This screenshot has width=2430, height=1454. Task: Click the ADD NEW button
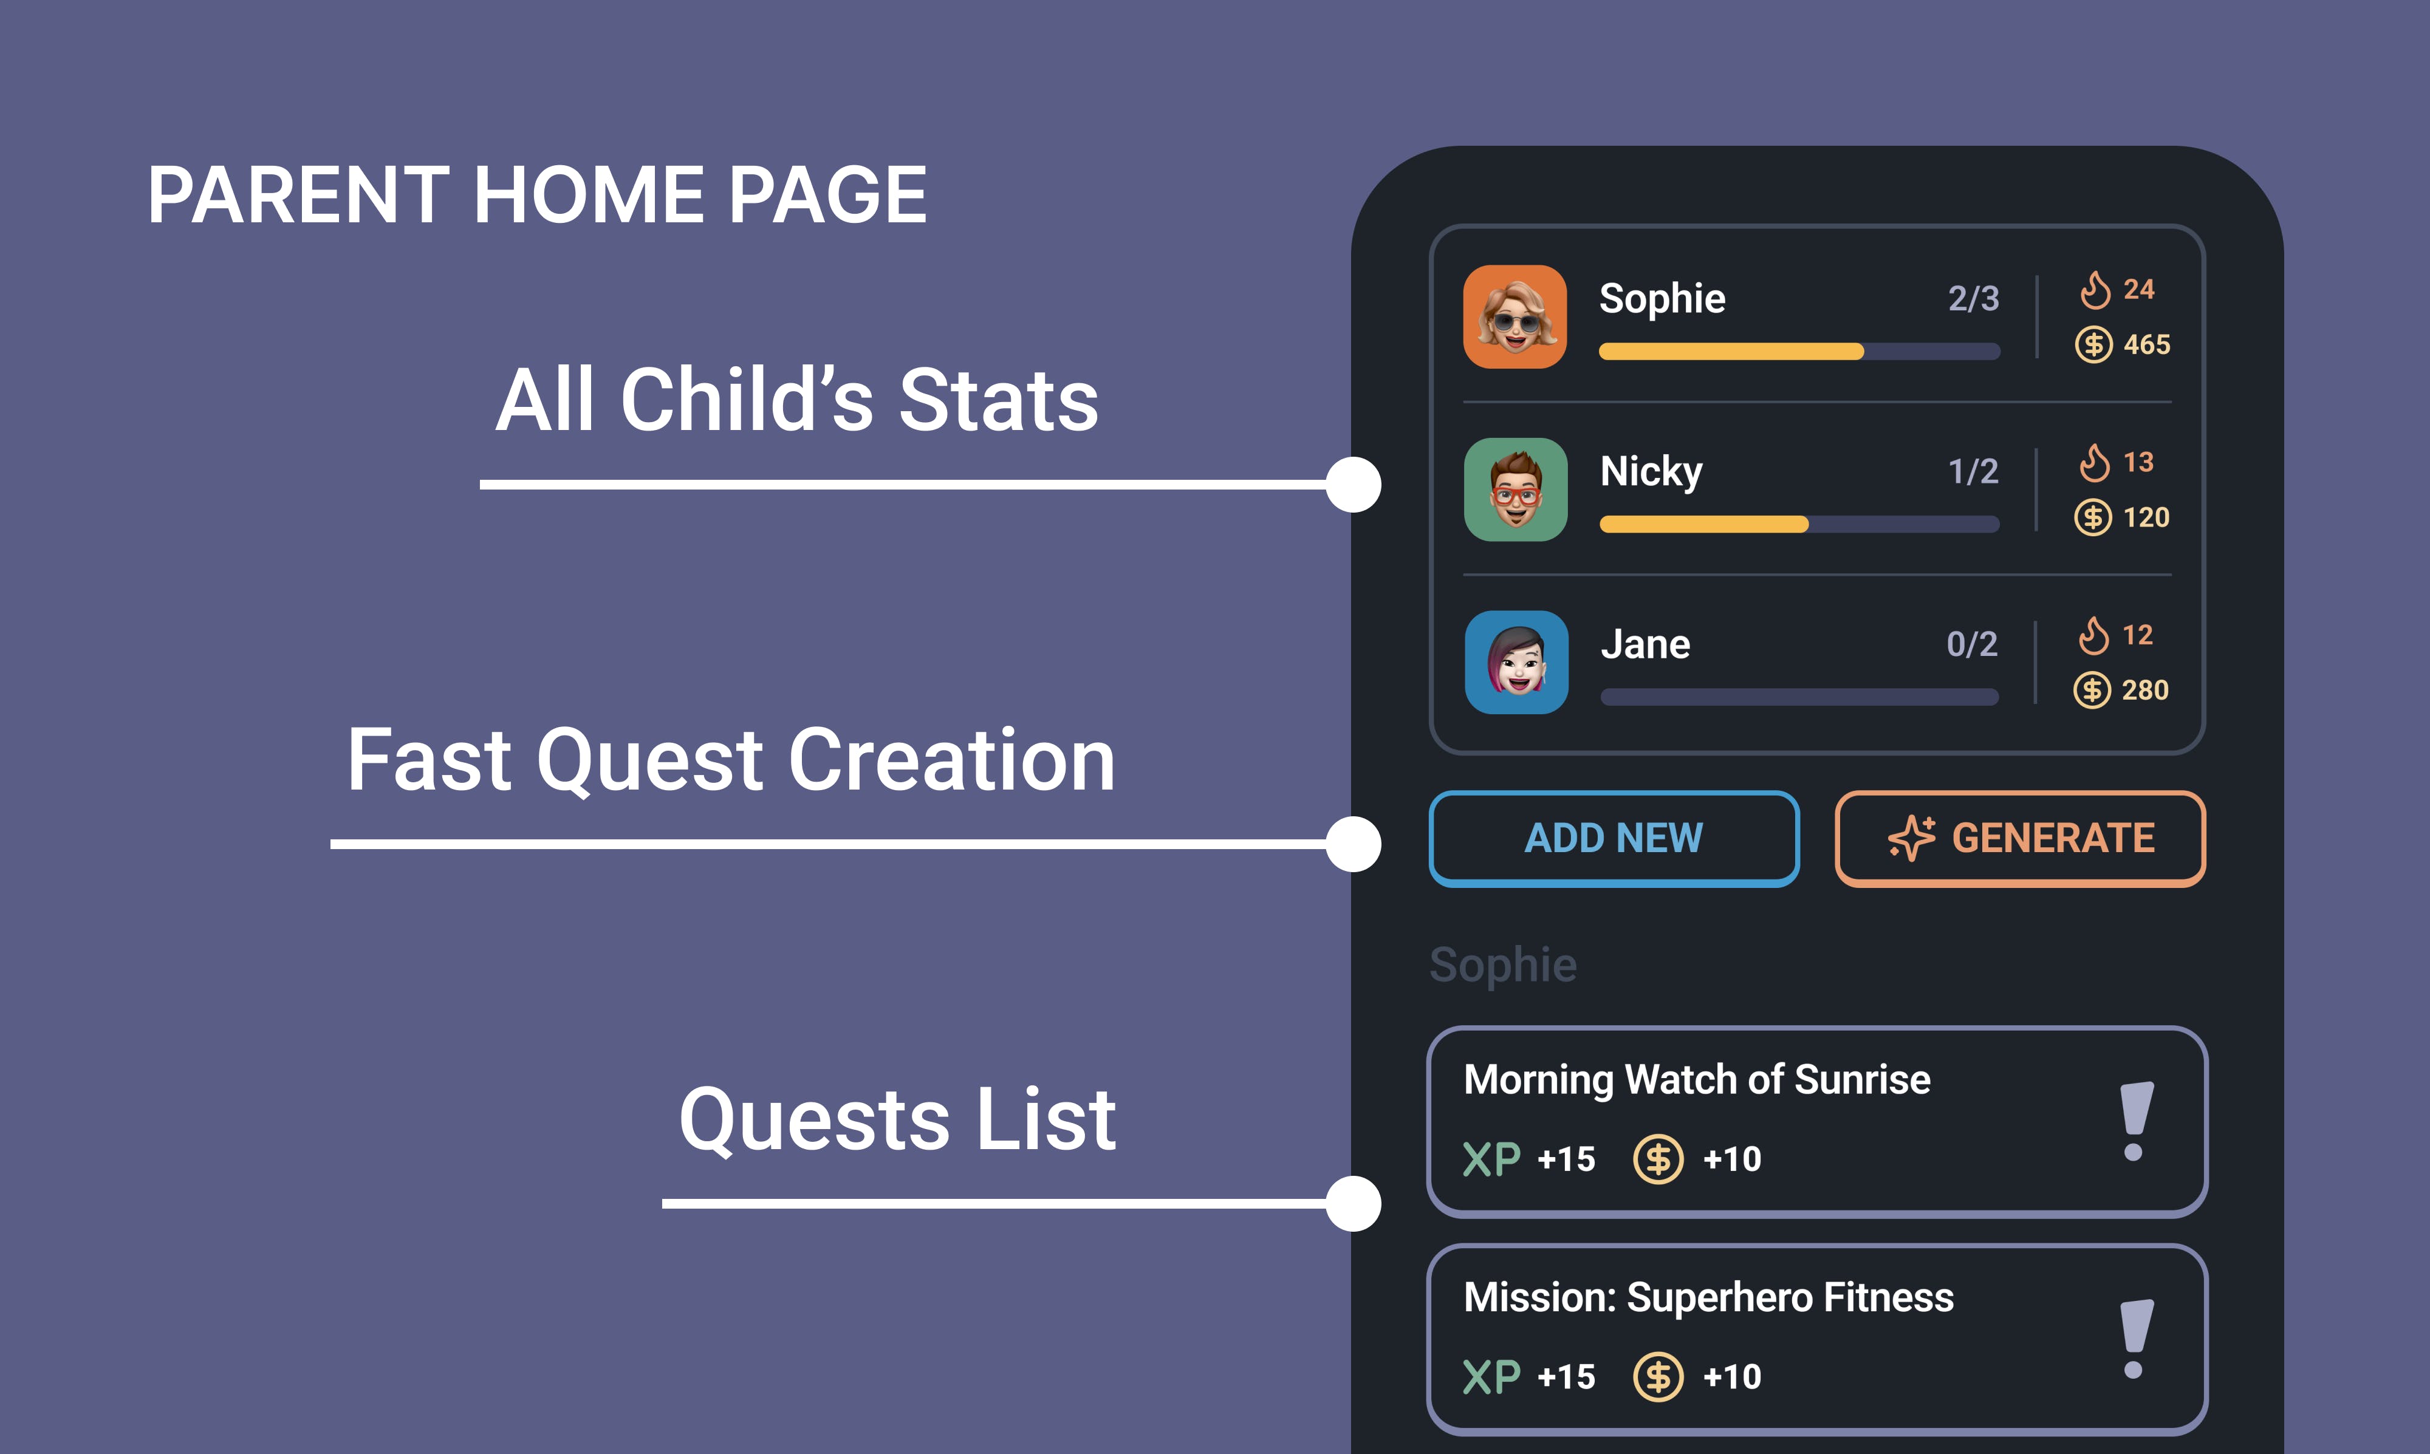1614,839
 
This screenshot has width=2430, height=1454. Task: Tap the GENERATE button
2021,839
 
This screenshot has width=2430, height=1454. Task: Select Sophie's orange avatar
1515,316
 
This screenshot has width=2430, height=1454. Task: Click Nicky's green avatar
1516,489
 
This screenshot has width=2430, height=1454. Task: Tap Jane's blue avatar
1517,663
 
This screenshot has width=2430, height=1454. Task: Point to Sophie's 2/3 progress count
1973,298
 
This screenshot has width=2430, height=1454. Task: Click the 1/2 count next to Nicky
1973,471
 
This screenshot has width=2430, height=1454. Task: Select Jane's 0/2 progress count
1971,644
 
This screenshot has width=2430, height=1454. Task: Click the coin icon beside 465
2094,345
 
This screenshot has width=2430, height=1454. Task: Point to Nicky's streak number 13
2138,462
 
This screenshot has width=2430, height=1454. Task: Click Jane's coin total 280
2145,690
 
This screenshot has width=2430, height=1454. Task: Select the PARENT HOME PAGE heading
537,195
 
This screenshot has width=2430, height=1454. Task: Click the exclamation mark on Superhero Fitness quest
2135,1339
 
